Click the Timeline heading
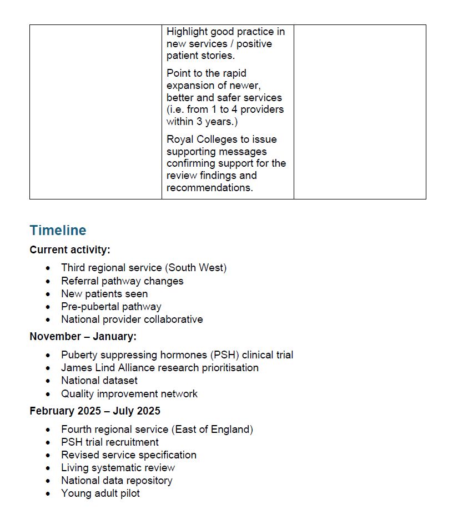[x=58, y=231]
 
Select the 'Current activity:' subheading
[x=70, y=250]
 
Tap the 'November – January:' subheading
[x=83, y=336]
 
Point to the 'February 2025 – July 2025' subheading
[x=95, y=411]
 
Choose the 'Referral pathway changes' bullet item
[x=122, y=281]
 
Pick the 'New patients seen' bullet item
[x=104, y=293]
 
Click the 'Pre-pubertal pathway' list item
[x=111, y=306]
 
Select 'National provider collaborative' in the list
[x=132, y=320]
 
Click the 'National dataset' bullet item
[x=99, y=381]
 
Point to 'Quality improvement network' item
[x=129, y=393]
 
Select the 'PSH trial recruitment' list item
[x=110, y=442]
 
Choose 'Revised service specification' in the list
[x=129, y=455]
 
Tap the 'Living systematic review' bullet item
[x=118, y=467]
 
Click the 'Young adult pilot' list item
[x=100, y=493]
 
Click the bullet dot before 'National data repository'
[x=49, y=481]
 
